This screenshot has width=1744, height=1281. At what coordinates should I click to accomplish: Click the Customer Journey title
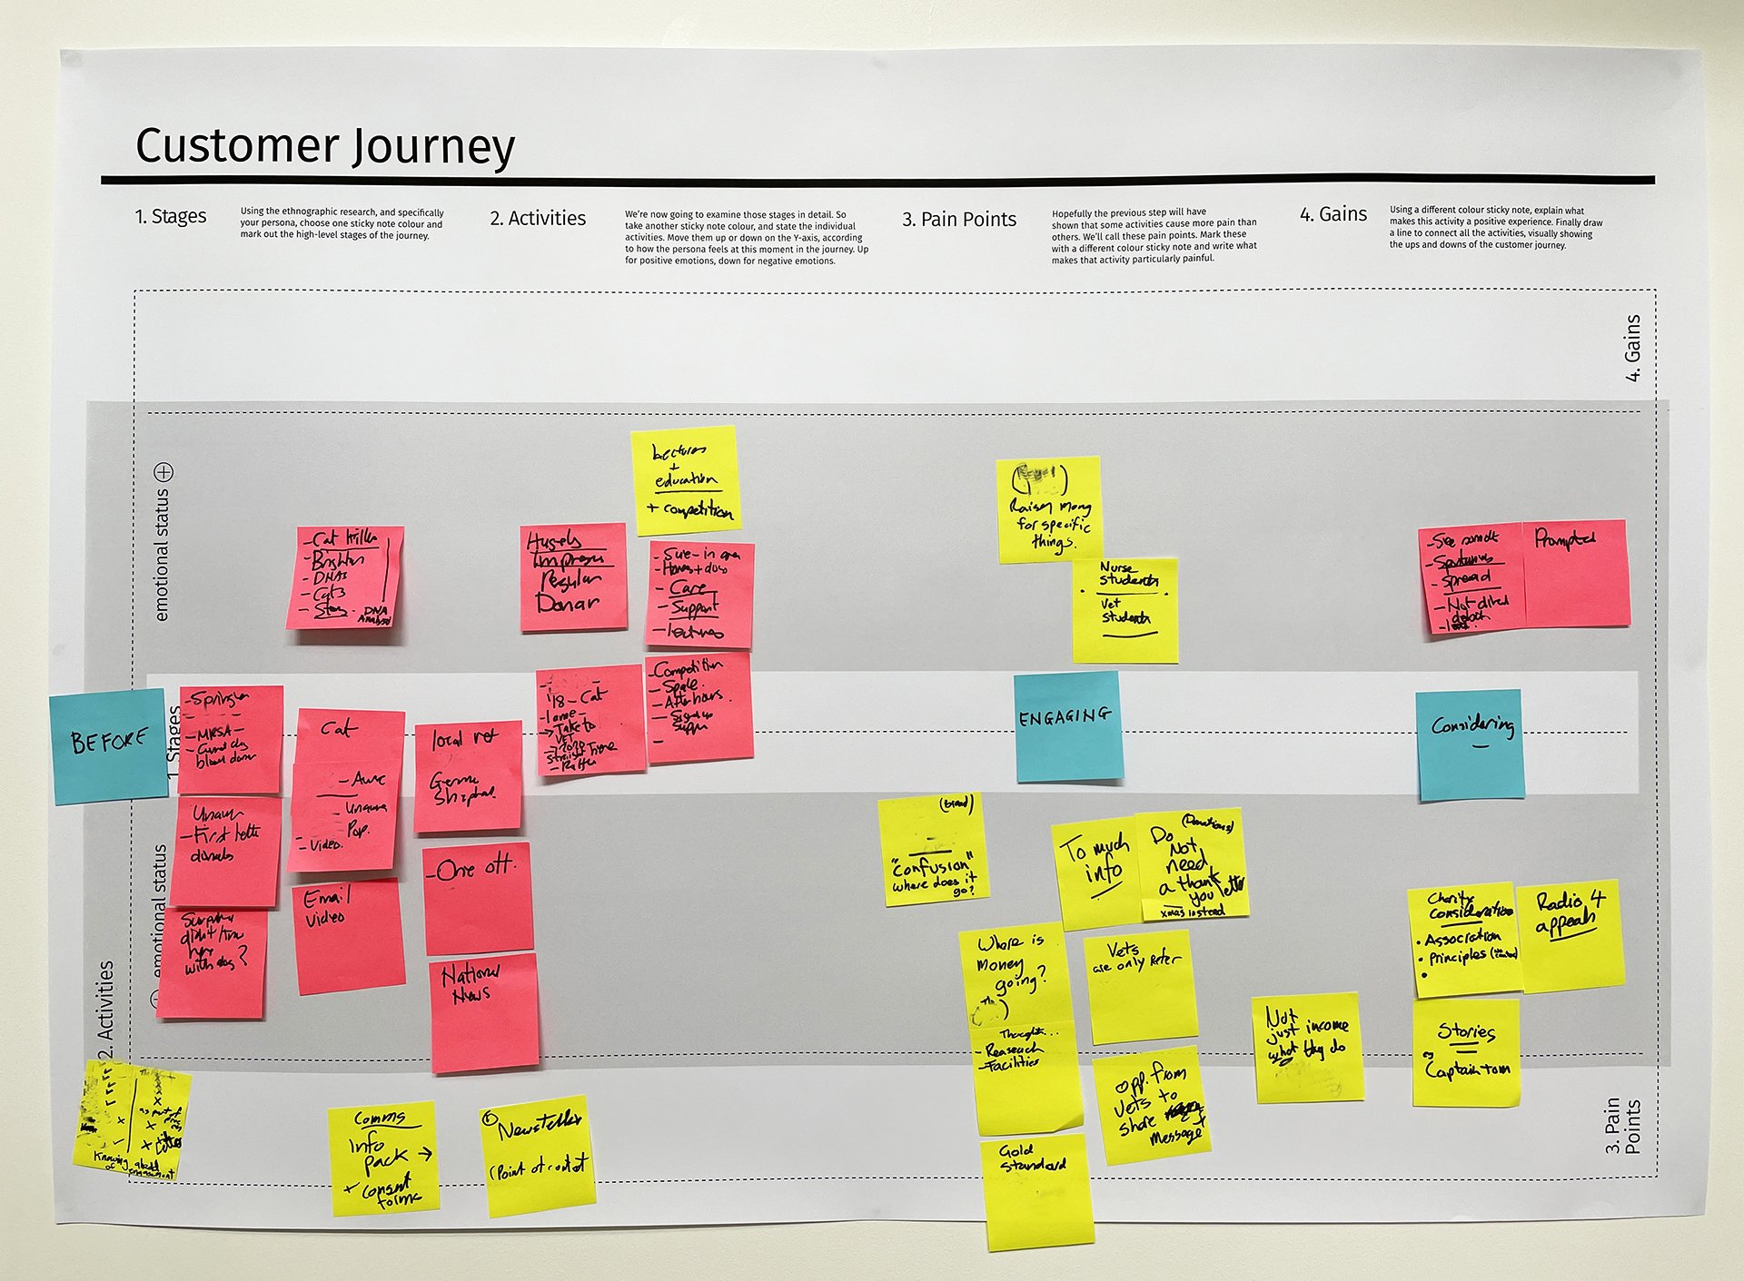[x=324, y=146]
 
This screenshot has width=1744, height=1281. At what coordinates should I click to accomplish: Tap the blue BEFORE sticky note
[x=109, y=745]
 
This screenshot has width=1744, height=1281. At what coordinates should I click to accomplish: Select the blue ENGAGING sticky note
[x=1066, y=725]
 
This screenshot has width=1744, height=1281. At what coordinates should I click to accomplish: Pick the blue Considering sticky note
[x=1470, y=744]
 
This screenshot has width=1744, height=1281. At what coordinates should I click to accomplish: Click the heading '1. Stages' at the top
[x=170, y=217]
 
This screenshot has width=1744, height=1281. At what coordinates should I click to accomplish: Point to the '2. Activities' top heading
[x=538, y=219]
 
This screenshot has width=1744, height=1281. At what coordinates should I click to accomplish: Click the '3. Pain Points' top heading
[x=958, y=220]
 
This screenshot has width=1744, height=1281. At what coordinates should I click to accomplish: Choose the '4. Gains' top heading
[x=1333, y=214]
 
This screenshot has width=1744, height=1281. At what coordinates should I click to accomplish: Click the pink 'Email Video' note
[x=348, y=936]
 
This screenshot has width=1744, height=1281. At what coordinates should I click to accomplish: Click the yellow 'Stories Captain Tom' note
[x=1466, y=1053]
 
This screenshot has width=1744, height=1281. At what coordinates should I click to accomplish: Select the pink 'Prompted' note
[x=1577, y=573]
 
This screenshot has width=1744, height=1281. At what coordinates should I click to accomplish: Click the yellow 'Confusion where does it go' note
[x=934, y=851]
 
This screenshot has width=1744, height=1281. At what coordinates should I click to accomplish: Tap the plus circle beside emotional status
[x=163, y=472]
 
